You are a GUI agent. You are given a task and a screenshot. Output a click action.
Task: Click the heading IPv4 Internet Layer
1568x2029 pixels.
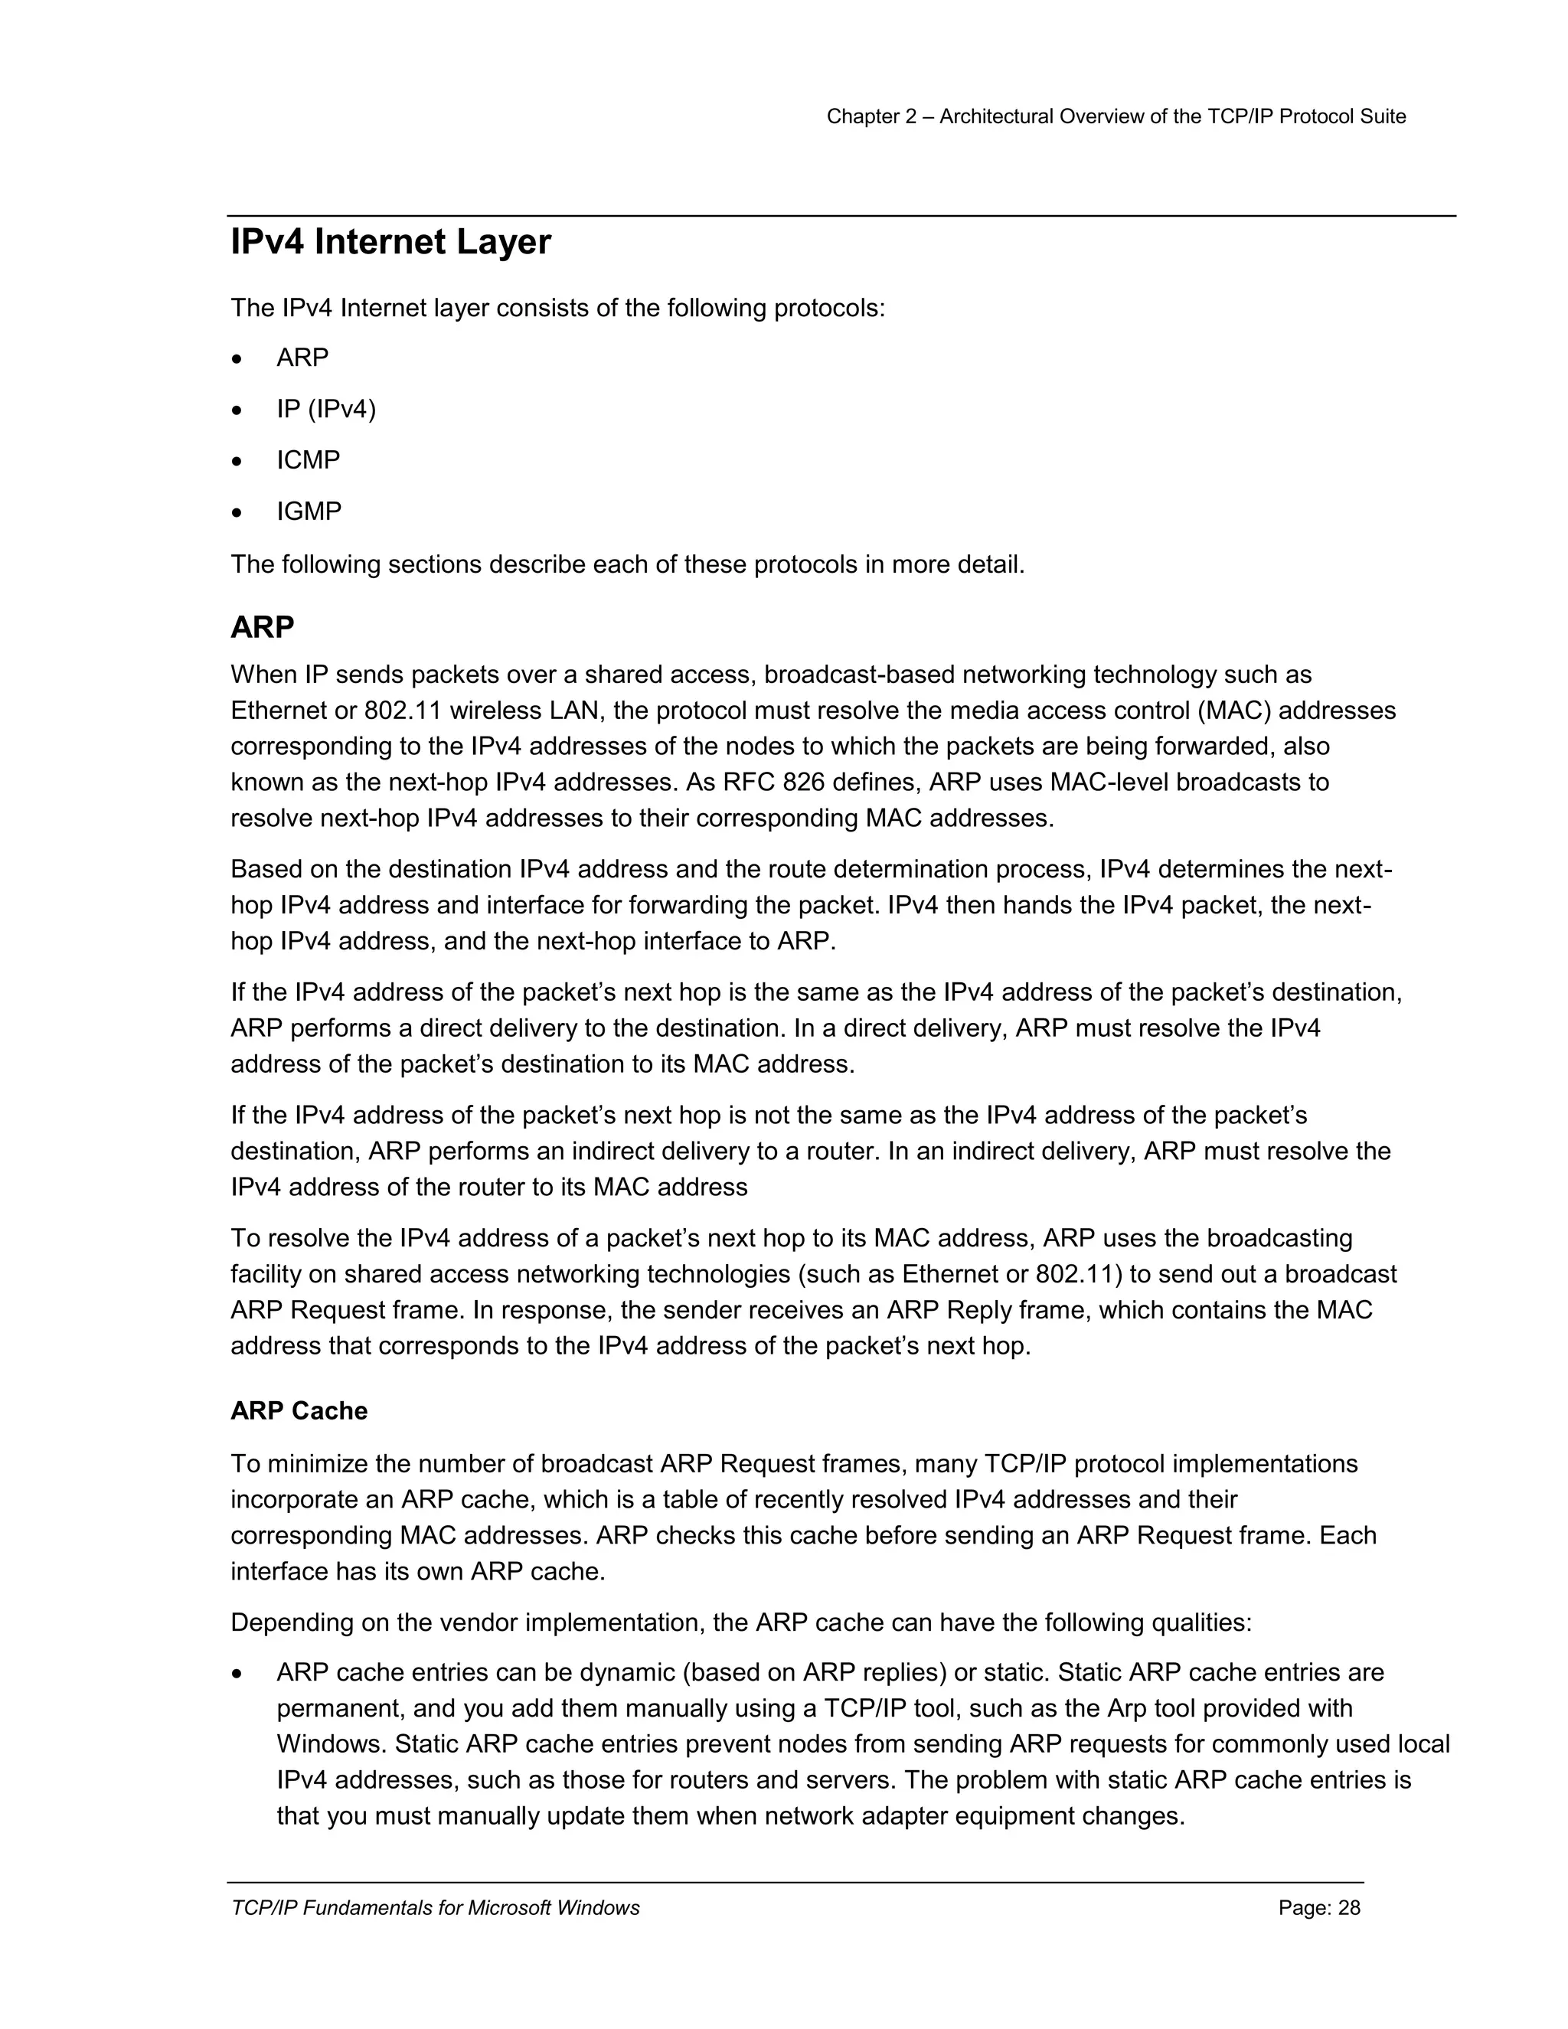click(x=390, y=243)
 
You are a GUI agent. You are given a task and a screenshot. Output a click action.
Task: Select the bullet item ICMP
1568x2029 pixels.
click(x=308, y=460)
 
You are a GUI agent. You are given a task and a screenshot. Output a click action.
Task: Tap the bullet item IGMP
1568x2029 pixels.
click(x=309, y=511)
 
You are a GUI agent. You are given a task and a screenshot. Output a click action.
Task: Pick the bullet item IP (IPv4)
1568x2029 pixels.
click(x=325, y=409)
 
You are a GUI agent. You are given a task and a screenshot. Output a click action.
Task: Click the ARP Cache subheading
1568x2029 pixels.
click(x=298, y=1410)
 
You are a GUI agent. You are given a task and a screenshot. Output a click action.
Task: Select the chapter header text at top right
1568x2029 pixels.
click(x=1116, y=116)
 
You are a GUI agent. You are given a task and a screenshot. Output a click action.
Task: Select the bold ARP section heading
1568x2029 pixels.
click(x=262, y=627)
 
